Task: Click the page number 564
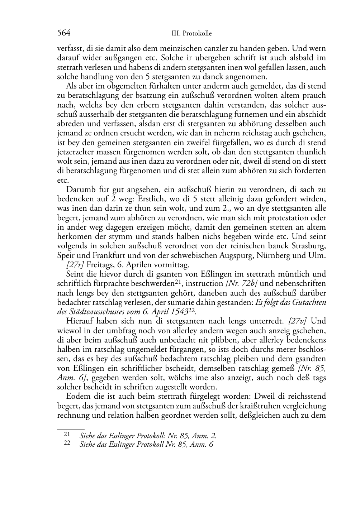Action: pos(63,33)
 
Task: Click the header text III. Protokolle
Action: pos(192,34)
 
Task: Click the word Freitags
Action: pos(100,265)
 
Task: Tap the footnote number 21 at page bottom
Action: pos(66,434)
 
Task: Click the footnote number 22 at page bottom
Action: pos(66,443)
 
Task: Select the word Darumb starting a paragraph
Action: pos(80,190)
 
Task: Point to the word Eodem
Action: pos(77,396)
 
